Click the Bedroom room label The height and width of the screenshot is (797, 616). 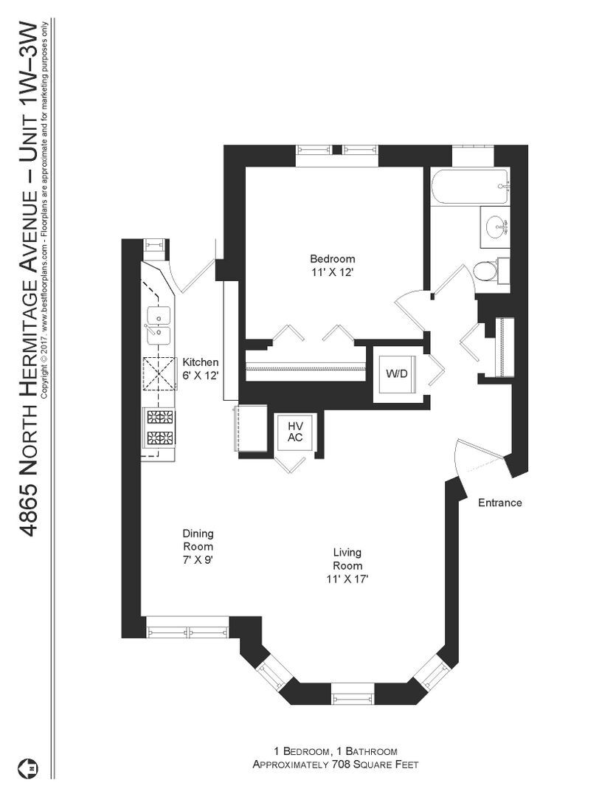(x=332, y=259)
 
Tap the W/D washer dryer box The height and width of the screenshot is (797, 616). (x=396, y=373)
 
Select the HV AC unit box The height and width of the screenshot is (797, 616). (x=296, y=432)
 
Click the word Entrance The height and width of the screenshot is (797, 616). (x=499, y=503)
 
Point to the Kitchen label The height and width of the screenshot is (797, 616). (x=201, y=362)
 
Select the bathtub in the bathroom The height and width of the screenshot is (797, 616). (x=469, y=187)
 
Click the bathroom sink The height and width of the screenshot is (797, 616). (x=494, y=227)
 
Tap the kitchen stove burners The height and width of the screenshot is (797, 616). (x=160, y=427)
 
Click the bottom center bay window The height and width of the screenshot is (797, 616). (x=353, y=694)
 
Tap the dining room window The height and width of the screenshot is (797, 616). (x=187, y=632)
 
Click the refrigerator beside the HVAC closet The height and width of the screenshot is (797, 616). (x=252, y=428)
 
